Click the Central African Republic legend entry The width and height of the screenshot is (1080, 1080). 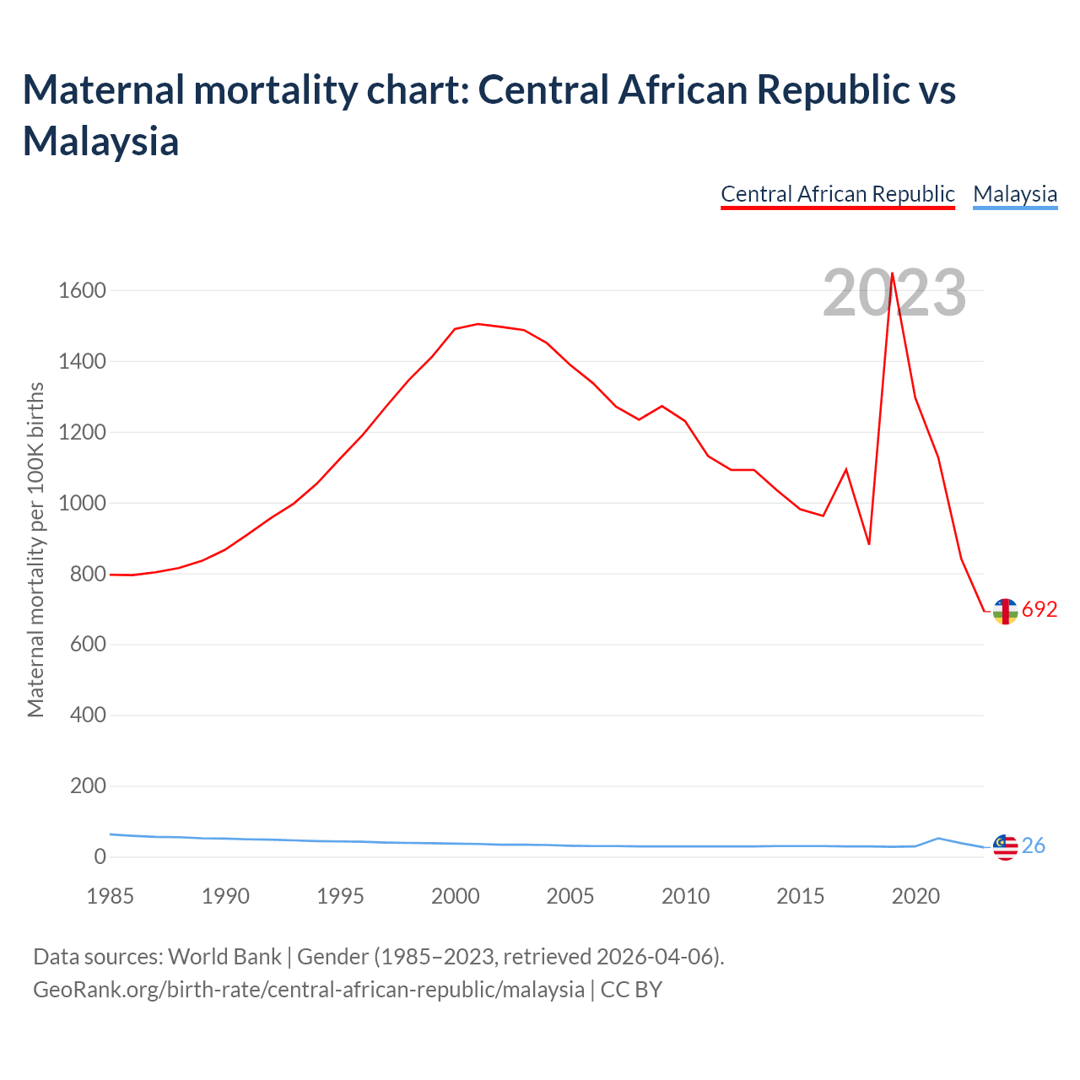click(837, 194)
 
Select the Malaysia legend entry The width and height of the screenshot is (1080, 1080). click(1014, 194)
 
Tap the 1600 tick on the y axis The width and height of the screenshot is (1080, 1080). click(82, 291)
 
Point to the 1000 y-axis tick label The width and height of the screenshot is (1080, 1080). click(82, 504)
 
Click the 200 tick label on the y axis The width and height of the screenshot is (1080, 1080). click(88, 786)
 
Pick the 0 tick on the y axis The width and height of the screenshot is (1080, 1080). click(100, 857)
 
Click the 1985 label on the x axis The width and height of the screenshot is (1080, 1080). click(110, 896)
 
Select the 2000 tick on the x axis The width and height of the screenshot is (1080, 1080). click(455, 896)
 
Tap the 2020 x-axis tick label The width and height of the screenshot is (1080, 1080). click(915, 896)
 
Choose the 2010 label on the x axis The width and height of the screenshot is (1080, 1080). click(685, 896)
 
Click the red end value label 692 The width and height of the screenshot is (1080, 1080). click(1039, 610)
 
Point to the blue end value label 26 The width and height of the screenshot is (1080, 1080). click(1034, 845)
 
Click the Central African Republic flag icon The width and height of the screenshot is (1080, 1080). click(1005, 611)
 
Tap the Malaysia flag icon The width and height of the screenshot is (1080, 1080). click(1005, 846)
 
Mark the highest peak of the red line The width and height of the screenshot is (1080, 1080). click(892, 273)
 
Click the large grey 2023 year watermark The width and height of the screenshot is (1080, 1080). click(894, 294)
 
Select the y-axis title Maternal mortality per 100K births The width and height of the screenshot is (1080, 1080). click(35, 550)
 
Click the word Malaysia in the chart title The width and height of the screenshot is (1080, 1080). click(100, 141)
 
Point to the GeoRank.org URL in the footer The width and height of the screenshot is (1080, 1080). click(308, 989)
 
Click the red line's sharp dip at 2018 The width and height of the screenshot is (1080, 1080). click(869, 544)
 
